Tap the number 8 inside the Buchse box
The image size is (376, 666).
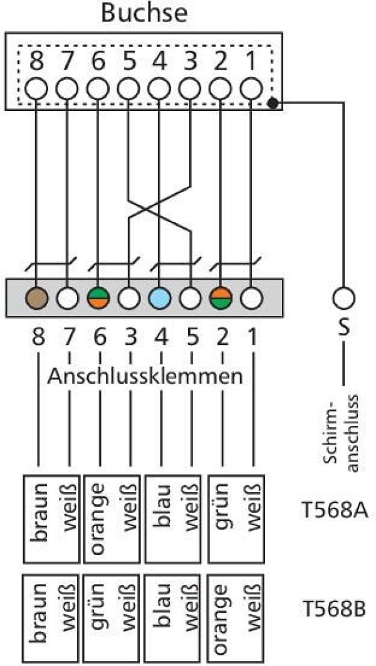tap(37, 62)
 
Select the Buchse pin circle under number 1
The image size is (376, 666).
tap(251, 87)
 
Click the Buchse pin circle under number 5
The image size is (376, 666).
tap(129, 87)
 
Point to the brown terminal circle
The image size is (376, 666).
tap(37, 297)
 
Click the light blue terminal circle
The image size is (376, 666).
tap(160, 297)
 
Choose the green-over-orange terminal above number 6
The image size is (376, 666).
tap(98, 297)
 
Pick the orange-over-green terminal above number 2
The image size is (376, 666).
tap(221, 297)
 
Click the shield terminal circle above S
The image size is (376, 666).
tap(343, 297)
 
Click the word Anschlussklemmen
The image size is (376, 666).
tap(145, 377)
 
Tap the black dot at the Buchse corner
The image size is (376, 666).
tap(273, 102)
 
